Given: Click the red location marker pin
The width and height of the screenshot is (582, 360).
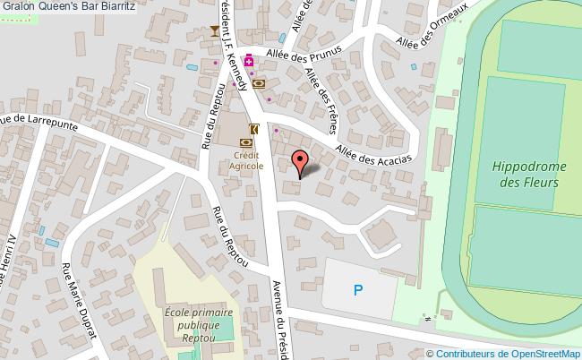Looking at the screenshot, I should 301,162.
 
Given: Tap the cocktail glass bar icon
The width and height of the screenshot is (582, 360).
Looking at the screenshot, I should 214,32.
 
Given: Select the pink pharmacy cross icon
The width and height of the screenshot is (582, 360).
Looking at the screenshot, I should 248,62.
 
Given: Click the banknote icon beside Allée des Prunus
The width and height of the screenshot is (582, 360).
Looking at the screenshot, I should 259,83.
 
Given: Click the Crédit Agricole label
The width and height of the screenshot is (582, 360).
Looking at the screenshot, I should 245,160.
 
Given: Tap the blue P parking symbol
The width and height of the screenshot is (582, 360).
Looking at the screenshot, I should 359,289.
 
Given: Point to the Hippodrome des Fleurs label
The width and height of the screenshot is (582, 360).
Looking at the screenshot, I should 525,174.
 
